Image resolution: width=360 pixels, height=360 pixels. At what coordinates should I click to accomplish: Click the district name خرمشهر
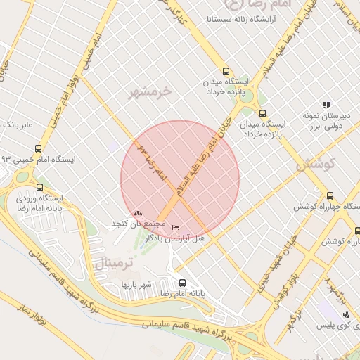[152, 91]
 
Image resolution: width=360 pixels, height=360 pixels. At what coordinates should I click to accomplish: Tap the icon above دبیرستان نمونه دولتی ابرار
[326, 105]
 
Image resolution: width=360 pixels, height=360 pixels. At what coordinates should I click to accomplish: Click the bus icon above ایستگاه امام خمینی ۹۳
[38, 148]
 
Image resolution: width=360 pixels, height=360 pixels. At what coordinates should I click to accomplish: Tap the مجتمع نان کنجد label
[138, 224]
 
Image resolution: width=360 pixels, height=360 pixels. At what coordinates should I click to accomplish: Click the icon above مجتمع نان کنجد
[138, 213]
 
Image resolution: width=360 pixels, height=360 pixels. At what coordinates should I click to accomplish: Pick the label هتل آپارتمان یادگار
[176, 239]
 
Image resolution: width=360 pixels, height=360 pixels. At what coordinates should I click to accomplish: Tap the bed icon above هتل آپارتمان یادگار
[175, 228]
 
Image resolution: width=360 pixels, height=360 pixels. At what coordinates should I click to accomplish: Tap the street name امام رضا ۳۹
[152, 160]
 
